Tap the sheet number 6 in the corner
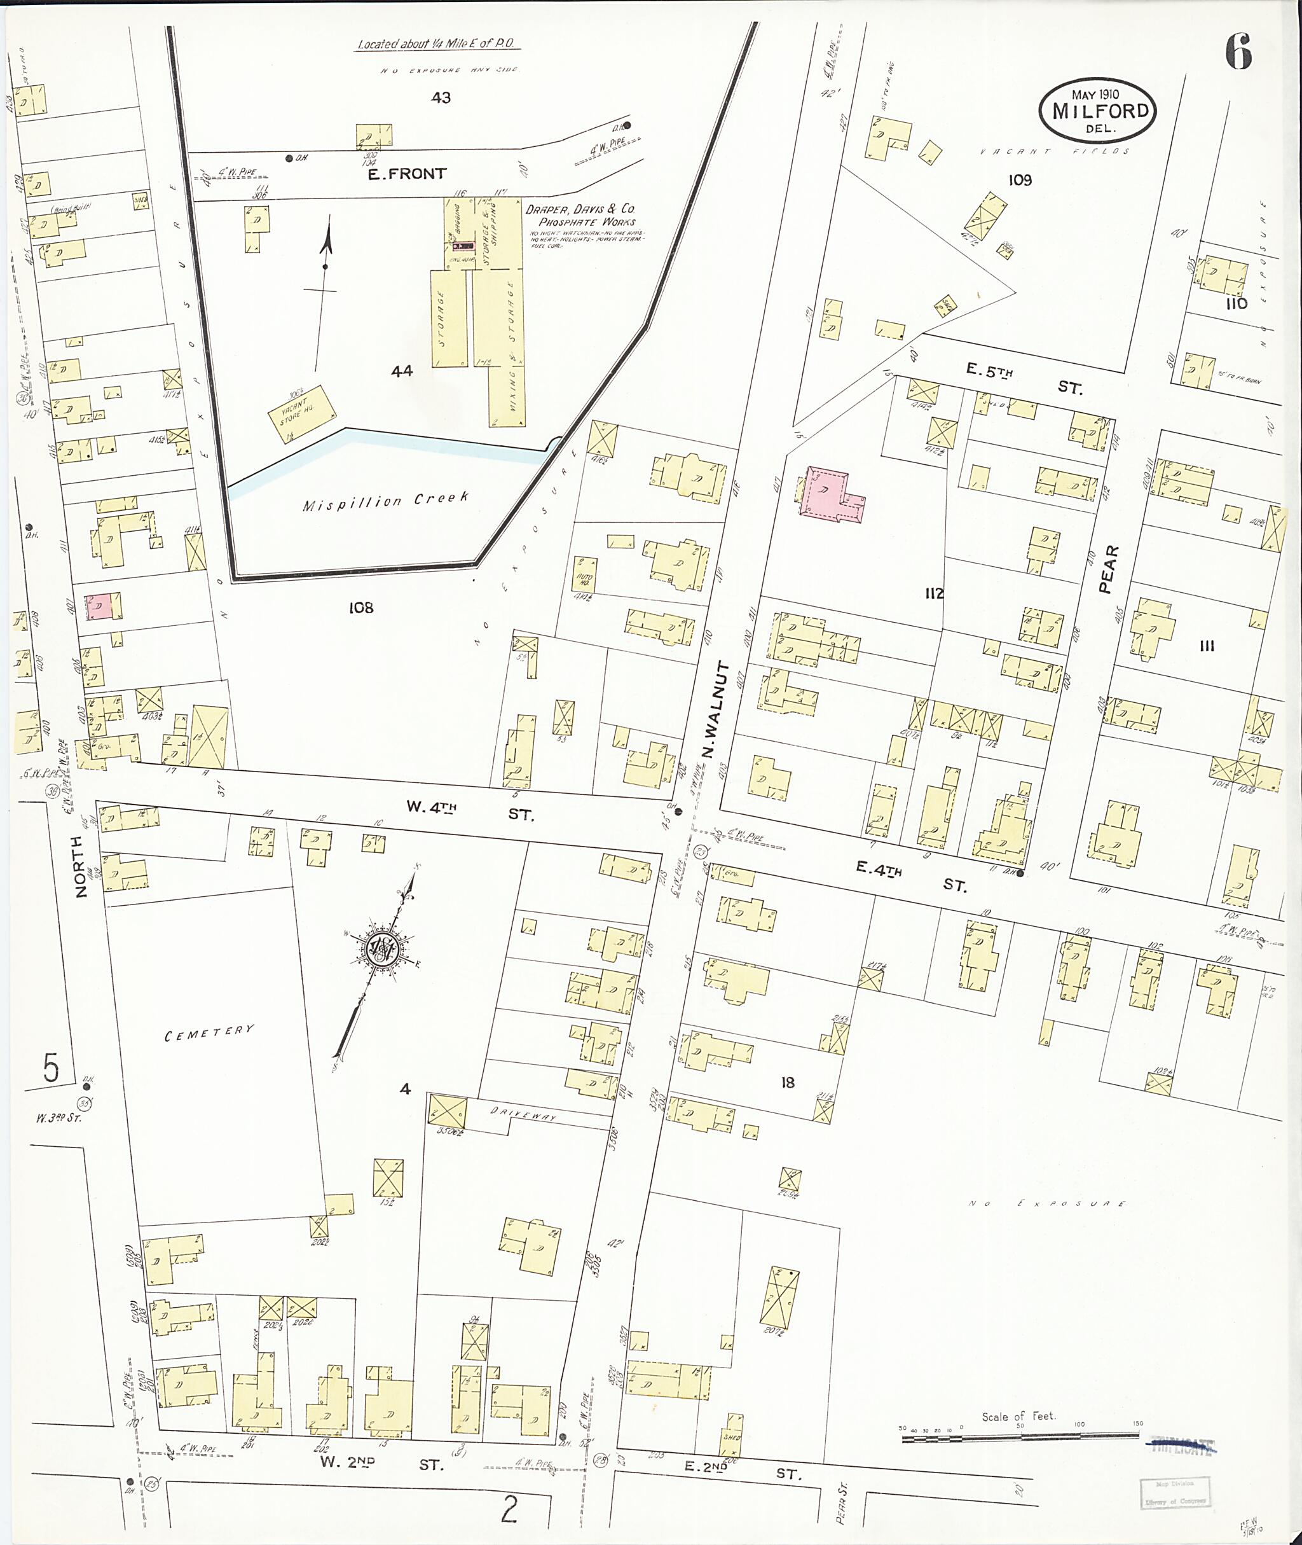click(x=1238, y=53)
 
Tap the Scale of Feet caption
click(x=1018, y=1416)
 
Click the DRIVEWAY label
click(x=523, y=1117)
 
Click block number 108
click(x=361, y=608)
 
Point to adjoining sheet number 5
click(x=50, y=1069)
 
